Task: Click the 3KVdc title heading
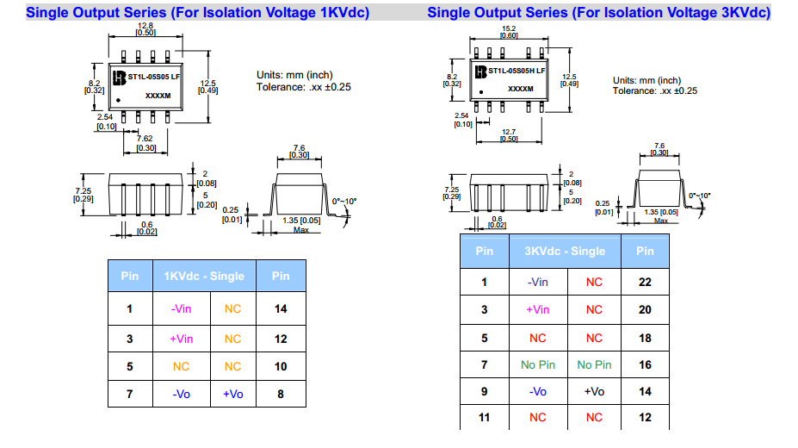[x=598, y=13]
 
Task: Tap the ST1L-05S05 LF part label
[x=154, y=77]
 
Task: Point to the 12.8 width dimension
[x=145, y=26]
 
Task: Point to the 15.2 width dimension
[x=508, y=29]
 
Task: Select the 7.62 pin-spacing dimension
[x=145, y=138]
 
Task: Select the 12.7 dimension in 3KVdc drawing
[x=508, y=133]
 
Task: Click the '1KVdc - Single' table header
[x=204, y=277]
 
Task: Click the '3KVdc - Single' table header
[x=565, y=251]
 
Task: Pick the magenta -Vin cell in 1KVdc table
[x=181, y=308]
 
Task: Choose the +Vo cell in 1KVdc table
[x=232, y=394]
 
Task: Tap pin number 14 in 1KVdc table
[x=281, y=308]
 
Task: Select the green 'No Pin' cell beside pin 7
[x=538, y=364]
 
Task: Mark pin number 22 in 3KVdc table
[x=645, y=282]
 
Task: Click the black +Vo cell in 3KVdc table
[x=594, y=391]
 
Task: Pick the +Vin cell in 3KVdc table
[x=537, y=309]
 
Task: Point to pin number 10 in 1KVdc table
[x=281, y=366]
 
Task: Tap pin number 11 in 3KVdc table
[x=484, y=417]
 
